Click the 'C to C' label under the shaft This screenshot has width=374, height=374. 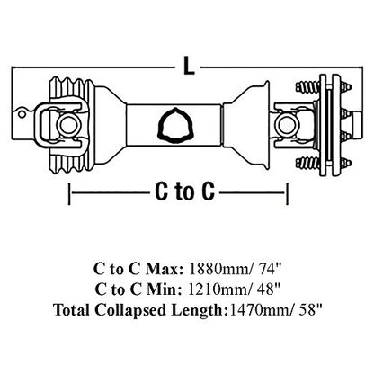click(x=184, y=191)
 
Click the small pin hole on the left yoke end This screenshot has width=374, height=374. click(x=22, y=114)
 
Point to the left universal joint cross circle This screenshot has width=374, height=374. click(x=67, y=126)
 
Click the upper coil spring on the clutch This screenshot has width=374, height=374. click(x=308, y=86)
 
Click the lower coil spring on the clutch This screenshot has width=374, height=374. click(x=308, y=163)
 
